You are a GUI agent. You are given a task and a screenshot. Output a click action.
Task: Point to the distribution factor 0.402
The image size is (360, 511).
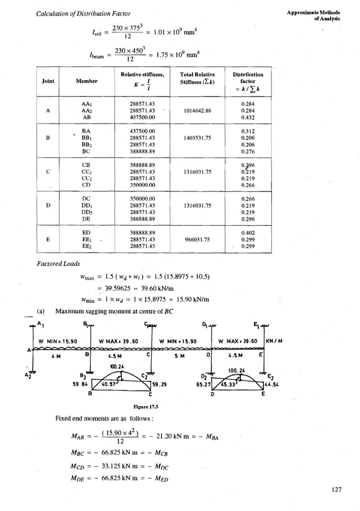coord(247,232)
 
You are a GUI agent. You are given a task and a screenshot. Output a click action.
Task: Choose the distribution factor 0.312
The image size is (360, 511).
coord(247,130)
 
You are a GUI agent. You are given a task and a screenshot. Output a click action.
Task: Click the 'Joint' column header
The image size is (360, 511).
coord(48,81)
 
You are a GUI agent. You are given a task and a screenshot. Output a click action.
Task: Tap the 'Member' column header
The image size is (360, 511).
coord(87,81)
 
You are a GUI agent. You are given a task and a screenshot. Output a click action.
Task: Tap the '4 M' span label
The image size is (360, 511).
coord(55,356)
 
